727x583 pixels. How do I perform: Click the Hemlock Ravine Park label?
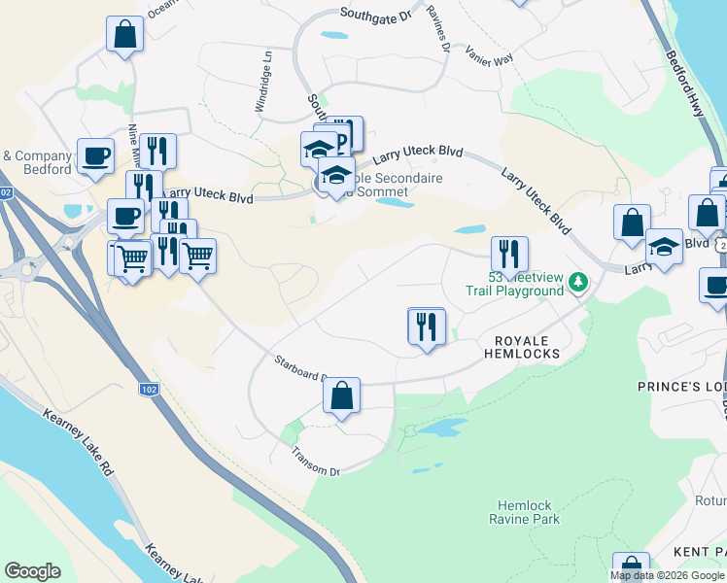(526, 512)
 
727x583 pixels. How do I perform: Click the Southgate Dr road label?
(376, 14)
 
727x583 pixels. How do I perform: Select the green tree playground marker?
(579, 283)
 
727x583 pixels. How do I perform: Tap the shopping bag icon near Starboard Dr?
(341, 395)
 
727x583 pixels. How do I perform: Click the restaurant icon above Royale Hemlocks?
(427, 326)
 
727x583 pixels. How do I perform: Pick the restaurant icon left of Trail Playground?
(509, 255)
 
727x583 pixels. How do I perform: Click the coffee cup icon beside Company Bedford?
(95, 155)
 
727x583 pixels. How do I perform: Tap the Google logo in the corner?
(32, 571)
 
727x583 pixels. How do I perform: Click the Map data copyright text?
(668, 575)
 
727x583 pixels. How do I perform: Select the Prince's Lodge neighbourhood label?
(681, 387)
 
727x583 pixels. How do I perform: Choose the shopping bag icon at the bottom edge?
(631, 567)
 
